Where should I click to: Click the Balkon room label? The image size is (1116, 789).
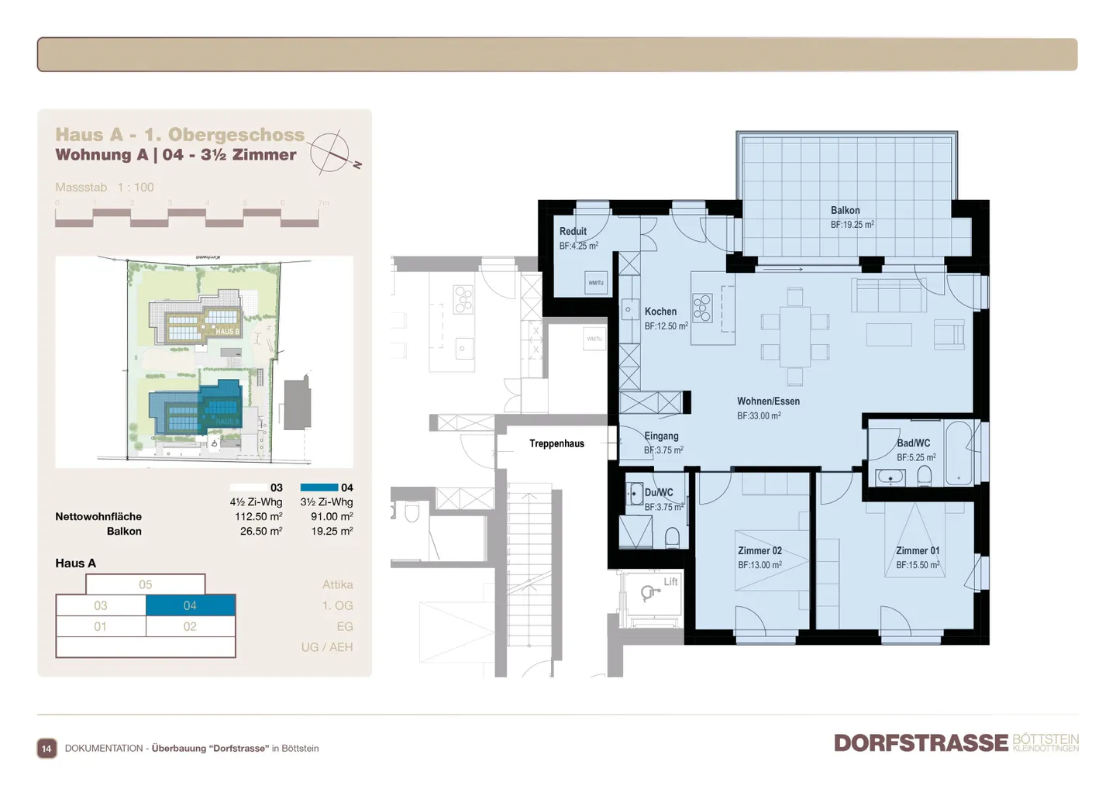coord(845,210)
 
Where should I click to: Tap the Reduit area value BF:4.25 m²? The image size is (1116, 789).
coord(578,246)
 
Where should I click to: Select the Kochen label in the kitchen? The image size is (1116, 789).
coord(660,312)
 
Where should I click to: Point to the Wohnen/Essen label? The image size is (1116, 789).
coord(767,401)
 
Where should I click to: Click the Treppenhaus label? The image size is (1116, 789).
coord(556,443)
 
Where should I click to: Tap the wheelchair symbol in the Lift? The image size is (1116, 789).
coord(648,594)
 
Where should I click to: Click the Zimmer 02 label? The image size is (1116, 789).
coord(759,550)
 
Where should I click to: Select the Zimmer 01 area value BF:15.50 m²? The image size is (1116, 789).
coord(918,565)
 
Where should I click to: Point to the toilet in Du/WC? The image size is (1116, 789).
coord(672,537)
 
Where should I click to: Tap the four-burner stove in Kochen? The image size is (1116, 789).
coord(702,308)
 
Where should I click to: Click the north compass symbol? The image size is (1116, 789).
coord(331,153)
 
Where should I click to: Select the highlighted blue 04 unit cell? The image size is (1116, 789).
coord(190,605)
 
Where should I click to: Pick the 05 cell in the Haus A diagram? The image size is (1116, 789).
coord(145,584)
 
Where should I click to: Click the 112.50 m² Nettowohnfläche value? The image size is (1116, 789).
coord(260,516)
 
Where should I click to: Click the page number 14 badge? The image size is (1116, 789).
coord(46,748)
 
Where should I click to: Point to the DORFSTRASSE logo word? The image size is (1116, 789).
coord(921,742)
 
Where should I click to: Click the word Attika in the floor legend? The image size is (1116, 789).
coord(337,584)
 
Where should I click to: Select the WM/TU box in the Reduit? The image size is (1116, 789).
coord(595,283)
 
